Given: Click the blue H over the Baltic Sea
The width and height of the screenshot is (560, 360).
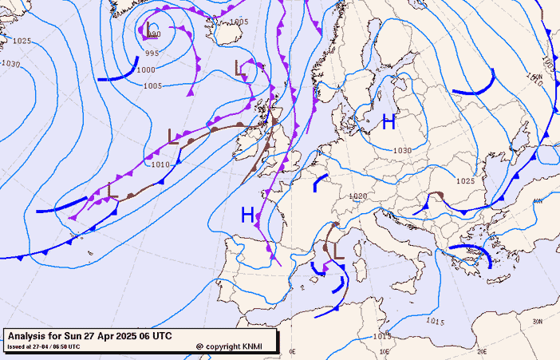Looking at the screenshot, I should [388, 122].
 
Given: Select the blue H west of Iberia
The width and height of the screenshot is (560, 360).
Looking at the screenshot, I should [248, 214].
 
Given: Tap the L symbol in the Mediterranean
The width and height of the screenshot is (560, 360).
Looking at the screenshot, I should [338, 250].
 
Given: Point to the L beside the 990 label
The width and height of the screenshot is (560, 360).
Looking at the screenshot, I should [148, 30].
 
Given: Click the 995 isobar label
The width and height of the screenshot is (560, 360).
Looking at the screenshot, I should [152, 53].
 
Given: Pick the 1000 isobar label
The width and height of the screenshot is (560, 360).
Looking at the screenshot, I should [147, 70].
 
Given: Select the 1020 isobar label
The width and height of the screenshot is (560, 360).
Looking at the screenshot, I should [357, 196].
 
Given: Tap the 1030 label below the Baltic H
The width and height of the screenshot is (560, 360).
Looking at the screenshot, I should [402, 151].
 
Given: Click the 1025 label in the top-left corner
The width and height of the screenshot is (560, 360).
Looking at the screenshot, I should [22, 41].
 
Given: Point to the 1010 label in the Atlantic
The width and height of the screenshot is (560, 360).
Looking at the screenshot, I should [160, 164].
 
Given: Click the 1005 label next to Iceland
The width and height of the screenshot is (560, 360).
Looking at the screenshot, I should [239, 22].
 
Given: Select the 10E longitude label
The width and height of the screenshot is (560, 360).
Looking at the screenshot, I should [385, 351].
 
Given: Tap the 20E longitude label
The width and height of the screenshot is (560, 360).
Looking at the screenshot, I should [482, 351].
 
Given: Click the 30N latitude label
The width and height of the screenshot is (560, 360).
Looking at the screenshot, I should [537, 321].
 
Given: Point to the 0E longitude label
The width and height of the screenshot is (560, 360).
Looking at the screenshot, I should [292, 351].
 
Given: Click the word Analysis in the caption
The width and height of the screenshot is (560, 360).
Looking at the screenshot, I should [31, 336].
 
